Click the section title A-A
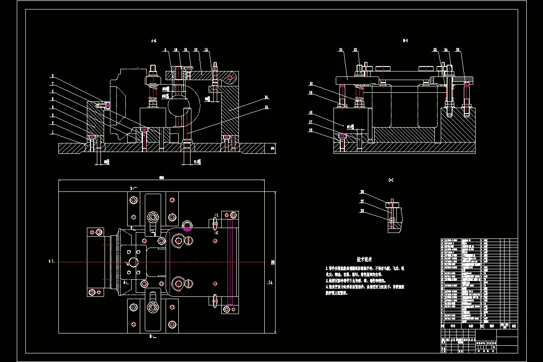pyautogui.click(x=153, y=41)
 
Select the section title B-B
pyautogui.click(x=405, y=41)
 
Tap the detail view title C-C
pyautogui.click(x=391, y=180)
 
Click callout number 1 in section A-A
pyautogui.click(x=52, y=133)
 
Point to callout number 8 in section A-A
pyautogui.click(x=52, y=76)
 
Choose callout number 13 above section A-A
pyautogui.click(x=206, y=49)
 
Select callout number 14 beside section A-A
pyautogui.click(x=267, y=97)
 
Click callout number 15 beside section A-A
pyautogui.click(x=267, y=107)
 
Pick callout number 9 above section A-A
pyautogui.click(x=166, y=49)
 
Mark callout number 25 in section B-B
pyautogui.click(x=457, y=49)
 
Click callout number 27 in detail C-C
pyautogui.click(x=362, y=202)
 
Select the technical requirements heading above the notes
pyautogui.click(x=364, y=259)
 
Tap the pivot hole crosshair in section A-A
pyautogui.click(x=230, y=78)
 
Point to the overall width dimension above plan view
pyautogui.click(x=161, y=177)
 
